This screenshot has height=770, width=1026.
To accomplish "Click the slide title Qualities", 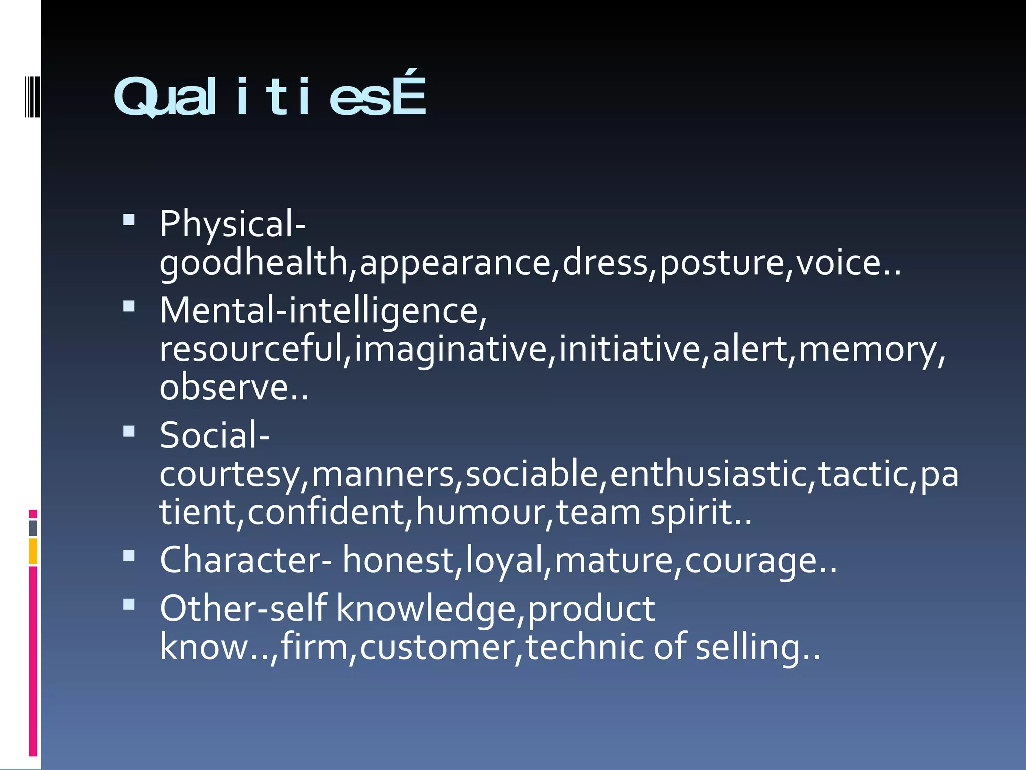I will point(270,96).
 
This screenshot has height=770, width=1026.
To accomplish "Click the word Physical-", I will point(232,224).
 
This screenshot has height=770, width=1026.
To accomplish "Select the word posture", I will point(722,263).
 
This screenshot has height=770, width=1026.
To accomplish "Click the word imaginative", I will point(450,349).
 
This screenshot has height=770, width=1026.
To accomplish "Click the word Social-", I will point(214,435).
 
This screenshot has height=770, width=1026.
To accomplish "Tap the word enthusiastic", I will point(708,474).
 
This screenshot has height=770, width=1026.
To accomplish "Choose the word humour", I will point(483,512).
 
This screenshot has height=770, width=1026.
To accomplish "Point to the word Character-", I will point(245,560).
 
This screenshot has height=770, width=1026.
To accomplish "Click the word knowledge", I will point(425,609).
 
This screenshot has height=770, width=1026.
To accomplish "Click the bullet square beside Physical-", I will point(129,220).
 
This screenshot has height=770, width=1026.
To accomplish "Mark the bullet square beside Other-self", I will point(129,605).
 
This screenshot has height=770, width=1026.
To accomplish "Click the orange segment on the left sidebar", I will point(33,551).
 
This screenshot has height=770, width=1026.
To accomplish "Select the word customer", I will point(437,647).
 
